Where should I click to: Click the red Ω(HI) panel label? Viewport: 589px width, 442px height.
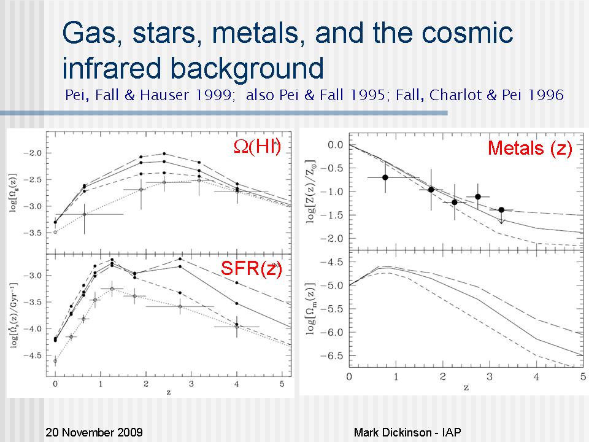[257, 147]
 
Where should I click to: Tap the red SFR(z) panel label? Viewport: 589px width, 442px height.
[252, 268]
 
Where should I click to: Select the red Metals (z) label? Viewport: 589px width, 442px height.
[530, 149]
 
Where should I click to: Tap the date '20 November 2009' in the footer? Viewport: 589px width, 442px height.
[94, 432]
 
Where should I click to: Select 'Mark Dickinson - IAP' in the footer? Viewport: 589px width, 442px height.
[407, 432]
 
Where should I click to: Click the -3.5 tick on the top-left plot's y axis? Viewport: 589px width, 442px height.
[37, 233]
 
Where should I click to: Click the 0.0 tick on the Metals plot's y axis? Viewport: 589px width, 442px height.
[335, 145]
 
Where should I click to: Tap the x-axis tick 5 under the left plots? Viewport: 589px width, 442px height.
[281, 384]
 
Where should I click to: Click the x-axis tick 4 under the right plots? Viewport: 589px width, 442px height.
[537, 376]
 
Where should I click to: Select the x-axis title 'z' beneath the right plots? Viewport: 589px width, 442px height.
[466, 387]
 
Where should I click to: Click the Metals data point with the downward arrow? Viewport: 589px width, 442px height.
[501, 210]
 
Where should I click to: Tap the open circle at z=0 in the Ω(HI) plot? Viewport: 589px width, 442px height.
[55, 232]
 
